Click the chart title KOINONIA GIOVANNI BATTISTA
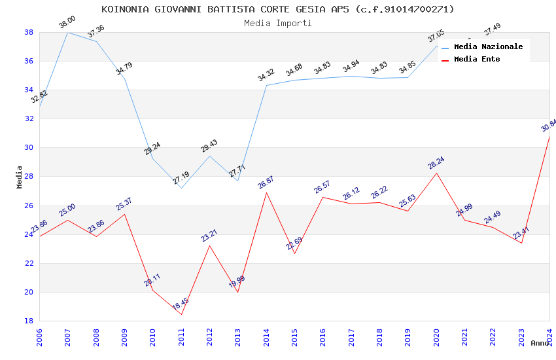click(x=277, y=9)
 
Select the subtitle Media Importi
click(x=277, y=23)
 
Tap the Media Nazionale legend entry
click(x=488, y=47)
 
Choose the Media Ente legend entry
click(x=477, y=60)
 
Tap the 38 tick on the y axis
click(x=29, y=32)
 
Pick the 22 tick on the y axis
click(x=29, y=263)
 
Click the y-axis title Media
click(x=20, y=177)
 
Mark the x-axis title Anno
click(x=540, y=343)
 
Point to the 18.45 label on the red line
click(x=181, y=304)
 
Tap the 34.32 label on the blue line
click(x=266, y=75)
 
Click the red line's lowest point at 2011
click(x=181, y=314)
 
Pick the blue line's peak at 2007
click(x=68, y=32)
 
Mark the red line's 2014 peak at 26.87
click(x=266, y=192)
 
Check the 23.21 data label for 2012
click(x=209, y=236)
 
